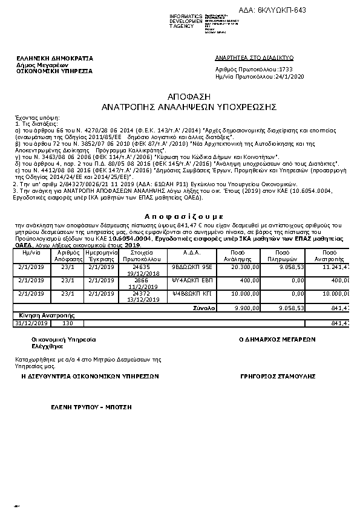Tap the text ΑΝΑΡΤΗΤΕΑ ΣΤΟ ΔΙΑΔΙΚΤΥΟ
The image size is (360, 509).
[254, 57]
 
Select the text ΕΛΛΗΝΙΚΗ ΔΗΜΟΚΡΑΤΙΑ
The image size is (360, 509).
[55, 58]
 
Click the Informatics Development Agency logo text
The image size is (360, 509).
[186, 21]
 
